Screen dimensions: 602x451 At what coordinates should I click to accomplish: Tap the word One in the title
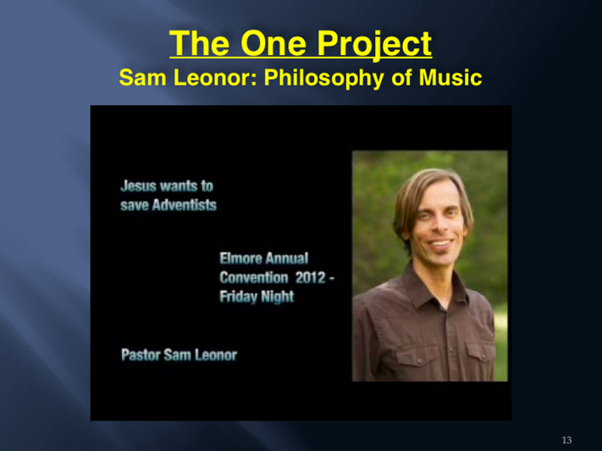tap(273, 44)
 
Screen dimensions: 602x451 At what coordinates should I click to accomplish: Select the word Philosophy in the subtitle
tap(323, 79)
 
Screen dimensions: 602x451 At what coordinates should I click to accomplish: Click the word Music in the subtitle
tap(450, 77)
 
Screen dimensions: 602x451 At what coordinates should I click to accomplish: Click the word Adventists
tap(185, 205)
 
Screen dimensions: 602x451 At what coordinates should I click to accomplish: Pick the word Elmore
tap(236, 258)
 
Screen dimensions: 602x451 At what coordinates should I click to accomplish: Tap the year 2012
tap(311, 278)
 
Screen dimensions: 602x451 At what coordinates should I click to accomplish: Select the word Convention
tap(254, 278)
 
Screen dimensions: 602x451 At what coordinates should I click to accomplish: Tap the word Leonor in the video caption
tap(216, 355)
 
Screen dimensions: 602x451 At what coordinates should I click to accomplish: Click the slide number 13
tap(566, 440)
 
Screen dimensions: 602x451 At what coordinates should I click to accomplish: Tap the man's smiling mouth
tap(441, 244)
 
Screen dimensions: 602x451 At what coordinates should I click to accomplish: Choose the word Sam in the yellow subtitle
tap(143, 77)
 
